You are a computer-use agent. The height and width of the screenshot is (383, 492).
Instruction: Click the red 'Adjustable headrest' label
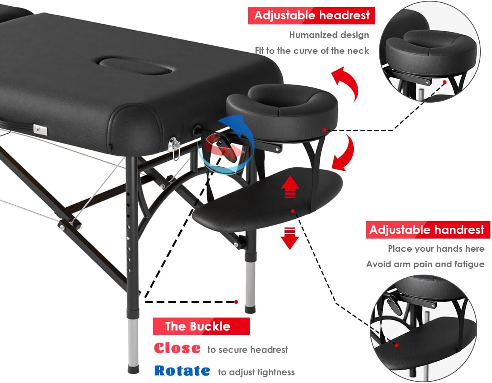[x=312, y=15]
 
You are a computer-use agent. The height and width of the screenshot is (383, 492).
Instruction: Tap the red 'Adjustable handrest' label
[x=427, y=230]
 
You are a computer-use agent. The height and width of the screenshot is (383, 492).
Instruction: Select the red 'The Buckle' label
[x=197, y=326]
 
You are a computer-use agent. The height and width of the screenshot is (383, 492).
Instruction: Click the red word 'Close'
[x=177, y=348]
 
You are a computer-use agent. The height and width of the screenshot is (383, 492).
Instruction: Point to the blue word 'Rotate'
[x=182, y=371]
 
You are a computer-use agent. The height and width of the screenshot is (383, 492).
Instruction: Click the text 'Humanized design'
[x=329, y=35]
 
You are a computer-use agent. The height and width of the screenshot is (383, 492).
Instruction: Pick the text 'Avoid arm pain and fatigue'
[x=425, y=264]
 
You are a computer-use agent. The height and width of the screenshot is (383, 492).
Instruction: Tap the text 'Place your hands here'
[x=436, y=249]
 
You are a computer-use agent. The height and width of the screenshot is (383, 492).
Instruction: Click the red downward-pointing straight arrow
[x=290, y=238]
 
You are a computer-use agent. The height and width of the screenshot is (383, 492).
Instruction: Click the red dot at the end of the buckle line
[x=236, y=302]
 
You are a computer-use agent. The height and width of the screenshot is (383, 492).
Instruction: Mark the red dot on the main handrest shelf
[x=293, y=211]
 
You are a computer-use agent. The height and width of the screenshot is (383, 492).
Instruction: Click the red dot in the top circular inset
[x=445, y=82]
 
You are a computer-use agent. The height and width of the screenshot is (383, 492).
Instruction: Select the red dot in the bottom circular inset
[x=396, y=344]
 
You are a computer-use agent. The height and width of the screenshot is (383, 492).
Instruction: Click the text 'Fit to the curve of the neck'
[x=312, y=51]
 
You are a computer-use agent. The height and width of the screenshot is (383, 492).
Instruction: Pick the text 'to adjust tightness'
[x=256, y=372]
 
